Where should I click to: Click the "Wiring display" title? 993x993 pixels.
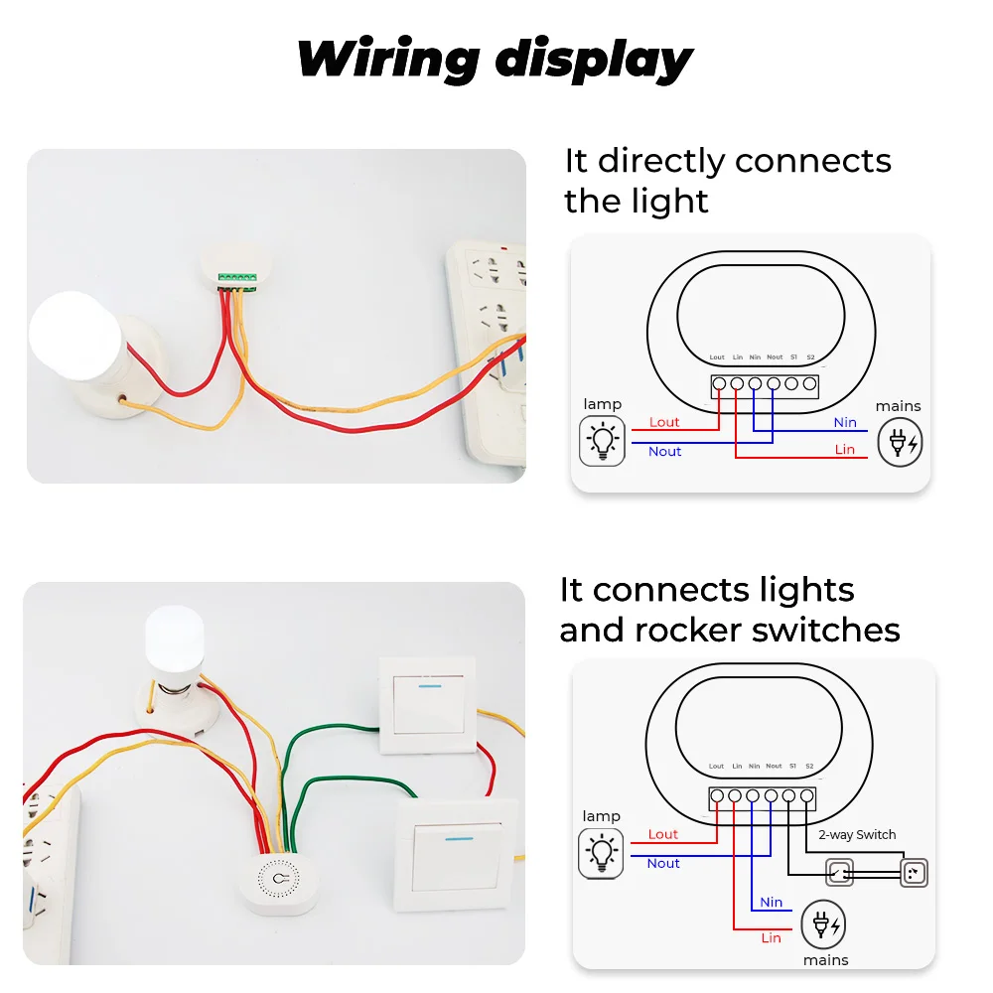point(495,60)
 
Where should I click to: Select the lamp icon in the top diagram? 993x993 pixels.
point(602,441)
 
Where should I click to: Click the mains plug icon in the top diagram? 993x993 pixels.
point(899,443)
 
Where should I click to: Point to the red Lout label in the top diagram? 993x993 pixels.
point(664,422)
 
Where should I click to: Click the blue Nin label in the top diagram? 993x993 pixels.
point(845,422)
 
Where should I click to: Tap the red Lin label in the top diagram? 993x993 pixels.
point(845,450)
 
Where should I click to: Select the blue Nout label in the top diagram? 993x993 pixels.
point(664,452)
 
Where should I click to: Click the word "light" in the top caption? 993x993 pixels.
point(671,202)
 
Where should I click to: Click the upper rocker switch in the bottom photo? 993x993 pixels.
point(427,705)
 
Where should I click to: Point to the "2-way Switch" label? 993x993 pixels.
point(857,835)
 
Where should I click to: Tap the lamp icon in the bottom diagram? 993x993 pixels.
point(602,854)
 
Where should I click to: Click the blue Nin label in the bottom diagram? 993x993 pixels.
point(772,903)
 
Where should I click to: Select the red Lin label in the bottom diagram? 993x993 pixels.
point(772,937)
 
